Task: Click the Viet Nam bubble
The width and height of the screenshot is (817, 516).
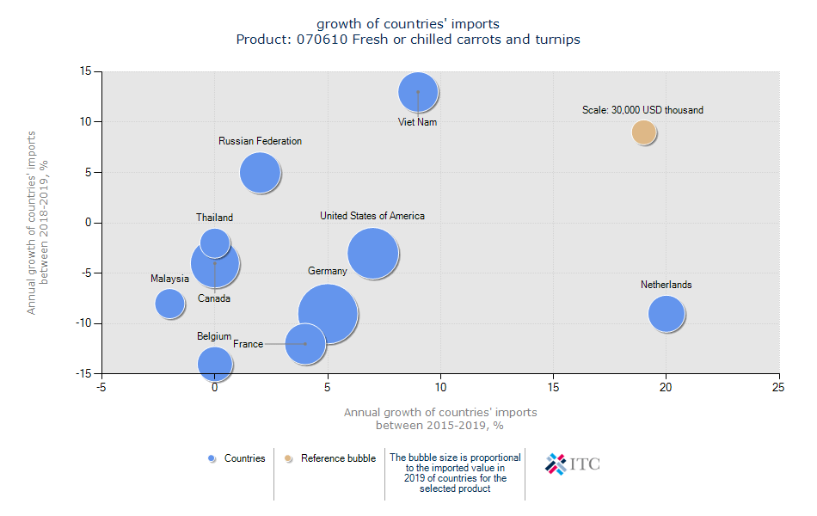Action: click(x=418, y=92)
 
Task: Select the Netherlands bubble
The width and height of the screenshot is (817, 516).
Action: click(x=666, y=313)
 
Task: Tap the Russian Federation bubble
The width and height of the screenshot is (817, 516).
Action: click(x=260, y=172)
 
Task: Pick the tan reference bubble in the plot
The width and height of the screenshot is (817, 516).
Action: click(x=643, y=132)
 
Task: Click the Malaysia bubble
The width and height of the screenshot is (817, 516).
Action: click(x=170, y=303)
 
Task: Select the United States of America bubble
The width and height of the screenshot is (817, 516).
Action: click(x=372, y=254)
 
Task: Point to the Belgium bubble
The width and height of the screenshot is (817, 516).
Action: click(x=215, y=363)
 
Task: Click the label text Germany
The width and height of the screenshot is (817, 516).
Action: click(x=328, y=271)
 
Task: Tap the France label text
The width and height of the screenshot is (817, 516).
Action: click(x=248, y=344)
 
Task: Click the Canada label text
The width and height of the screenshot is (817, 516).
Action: click(x=214, y=298)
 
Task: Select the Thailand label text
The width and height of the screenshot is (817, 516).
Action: click(x=214, y=218)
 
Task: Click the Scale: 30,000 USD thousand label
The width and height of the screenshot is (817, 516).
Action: click(x=642, y=110)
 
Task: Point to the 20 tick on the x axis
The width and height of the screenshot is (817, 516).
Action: click(x=666, y=388)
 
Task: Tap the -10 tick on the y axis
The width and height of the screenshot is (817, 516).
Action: click(x=86, y=323)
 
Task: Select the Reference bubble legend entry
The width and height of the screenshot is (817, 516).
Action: click(x=331, y=458)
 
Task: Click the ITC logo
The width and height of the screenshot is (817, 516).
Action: click(x=573, y=464)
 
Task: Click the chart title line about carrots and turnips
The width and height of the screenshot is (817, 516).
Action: click(x=408, y=40)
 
